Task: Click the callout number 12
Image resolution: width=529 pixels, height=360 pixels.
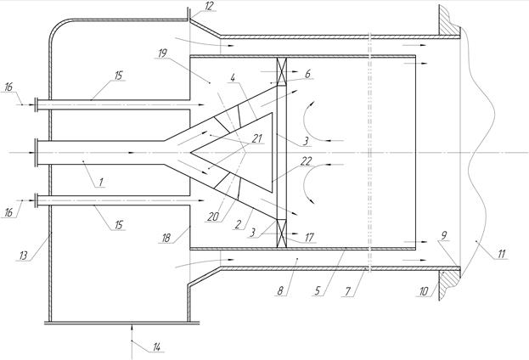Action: coord(210,7)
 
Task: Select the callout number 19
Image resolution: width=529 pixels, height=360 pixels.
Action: coord(162,53)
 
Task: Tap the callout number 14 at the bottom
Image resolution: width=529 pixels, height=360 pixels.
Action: coord(157,347)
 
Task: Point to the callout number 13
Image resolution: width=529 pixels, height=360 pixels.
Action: coord(23,256)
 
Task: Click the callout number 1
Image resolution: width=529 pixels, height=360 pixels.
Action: coord(100,183)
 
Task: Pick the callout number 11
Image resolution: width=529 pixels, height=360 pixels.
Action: coord(502,254)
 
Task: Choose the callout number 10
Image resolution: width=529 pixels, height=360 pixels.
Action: coord(424,291)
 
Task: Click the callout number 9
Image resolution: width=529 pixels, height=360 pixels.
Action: coord(444,235)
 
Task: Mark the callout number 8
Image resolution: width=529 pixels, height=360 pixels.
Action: coord(280,290)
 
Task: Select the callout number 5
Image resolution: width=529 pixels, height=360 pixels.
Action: coord(317,290)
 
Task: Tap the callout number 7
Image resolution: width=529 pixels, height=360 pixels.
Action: coord(348,291)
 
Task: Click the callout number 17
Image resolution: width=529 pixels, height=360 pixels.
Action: coord(309,238)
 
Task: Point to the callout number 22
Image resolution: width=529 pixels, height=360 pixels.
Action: coord(306,161)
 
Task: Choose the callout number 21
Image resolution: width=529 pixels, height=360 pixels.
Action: coord(257,138)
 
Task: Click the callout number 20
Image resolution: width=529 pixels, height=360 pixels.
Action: coord(213,217)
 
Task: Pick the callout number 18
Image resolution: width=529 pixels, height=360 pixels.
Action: coord(166,238)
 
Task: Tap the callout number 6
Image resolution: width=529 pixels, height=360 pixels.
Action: coord(307,74)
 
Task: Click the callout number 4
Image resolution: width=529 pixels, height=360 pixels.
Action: coord(233,78)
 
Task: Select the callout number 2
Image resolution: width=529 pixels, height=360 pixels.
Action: coord(239,224)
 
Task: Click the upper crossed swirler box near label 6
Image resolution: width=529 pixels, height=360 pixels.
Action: coord(281,70)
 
